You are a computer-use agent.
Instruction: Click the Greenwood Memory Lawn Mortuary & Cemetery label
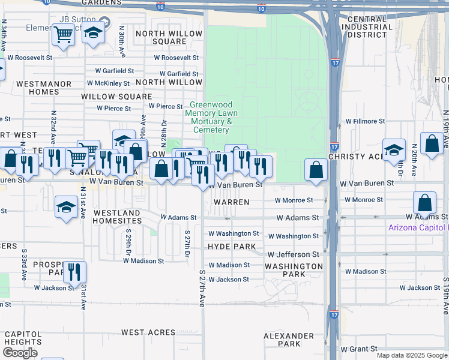pos(211,117)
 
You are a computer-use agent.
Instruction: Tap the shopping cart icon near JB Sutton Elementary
pos(63,35)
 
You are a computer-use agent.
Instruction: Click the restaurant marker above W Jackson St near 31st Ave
pos(74,272)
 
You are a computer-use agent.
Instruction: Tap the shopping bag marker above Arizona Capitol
pos(424,203)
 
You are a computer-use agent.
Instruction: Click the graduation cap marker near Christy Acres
pos(394,150)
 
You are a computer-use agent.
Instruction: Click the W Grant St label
pos(359,349)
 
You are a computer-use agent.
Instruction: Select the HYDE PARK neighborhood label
pos(232,247)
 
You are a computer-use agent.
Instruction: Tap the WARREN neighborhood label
pos(232,202)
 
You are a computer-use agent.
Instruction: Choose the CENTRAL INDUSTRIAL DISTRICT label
pos(367,27)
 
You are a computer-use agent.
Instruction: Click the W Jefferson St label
pos(293,255)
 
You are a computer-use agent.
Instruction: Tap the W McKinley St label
pos(109,83)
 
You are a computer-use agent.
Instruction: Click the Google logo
pos(20,353)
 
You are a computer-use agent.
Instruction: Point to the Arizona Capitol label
pos(418,227)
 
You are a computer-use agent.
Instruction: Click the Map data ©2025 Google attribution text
pos(411,355)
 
